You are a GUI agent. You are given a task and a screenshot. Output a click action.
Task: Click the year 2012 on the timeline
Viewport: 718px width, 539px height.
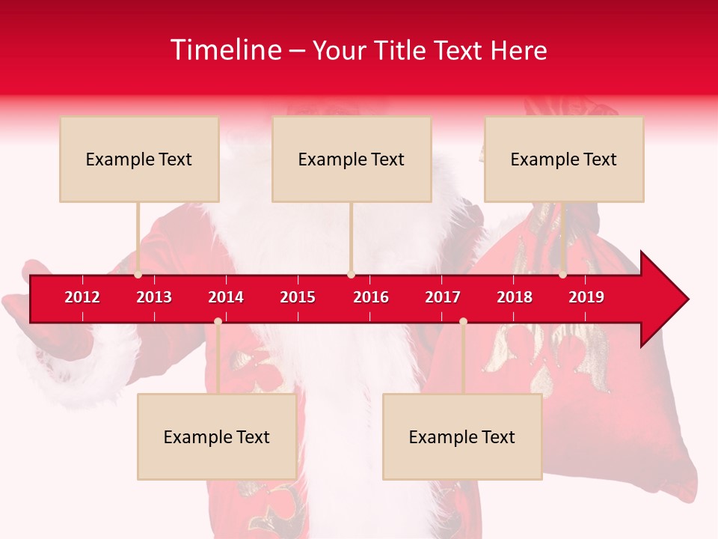coord(82,297)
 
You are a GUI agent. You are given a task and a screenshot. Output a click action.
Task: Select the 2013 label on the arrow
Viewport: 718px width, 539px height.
coord(154,297)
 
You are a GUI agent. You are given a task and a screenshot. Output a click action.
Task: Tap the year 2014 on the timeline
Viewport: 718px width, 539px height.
coord(226,297)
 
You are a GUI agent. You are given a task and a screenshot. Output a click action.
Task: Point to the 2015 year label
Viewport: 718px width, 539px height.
coord(298,297)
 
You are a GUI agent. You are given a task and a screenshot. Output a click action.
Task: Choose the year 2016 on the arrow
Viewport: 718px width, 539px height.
coord(371,297)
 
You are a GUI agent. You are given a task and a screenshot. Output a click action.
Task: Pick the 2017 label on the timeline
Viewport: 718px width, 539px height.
coord(443,297)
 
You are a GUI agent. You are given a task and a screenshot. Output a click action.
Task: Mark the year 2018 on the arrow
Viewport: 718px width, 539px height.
coord(515,297)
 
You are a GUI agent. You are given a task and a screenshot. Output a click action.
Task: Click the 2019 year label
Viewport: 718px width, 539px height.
coord(586,297)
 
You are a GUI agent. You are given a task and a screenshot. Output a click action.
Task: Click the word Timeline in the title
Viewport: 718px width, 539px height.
coord(225,50)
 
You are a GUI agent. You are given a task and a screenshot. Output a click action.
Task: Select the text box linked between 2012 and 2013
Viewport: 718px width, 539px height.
coord(139,159)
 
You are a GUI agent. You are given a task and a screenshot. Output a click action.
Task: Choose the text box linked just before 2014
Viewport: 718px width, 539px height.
coord(217,436)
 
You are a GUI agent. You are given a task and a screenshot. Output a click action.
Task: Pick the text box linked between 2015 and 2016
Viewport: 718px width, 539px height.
coord(352,159)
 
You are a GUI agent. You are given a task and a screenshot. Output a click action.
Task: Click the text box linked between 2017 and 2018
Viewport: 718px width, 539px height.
coord(462,436)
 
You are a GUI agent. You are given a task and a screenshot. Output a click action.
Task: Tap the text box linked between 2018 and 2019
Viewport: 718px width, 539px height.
coord(564,159)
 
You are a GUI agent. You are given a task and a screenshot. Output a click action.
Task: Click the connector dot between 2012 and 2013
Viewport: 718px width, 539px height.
coord(138,275)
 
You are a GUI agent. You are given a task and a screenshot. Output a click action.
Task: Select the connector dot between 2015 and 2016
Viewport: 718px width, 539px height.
coord(351,275)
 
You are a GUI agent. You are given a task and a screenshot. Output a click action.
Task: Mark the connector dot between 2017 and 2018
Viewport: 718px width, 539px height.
coord(463,322)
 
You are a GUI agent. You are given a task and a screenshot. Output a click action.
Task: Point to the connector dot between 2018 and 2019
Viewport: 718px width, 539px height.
coord(562,275)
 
